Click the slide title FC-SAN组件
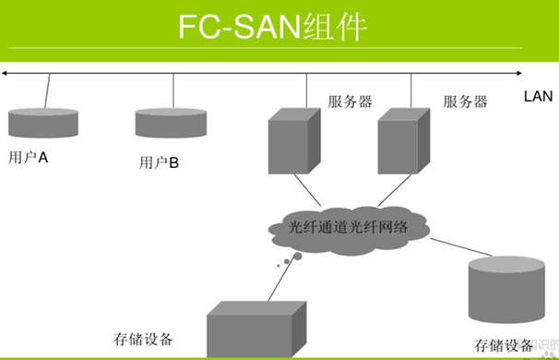(272, 29)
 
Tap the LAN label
(538, 96)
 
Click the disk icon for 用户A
(43, 121)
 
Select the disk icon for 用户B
(172, 123)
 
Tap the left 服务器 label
(350, 102)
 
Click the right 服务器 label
(465, 102)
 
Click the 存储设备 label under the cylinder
(504, 346)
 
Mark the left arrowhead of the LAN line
(6, 72)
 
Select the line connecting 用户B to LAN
(174, 90)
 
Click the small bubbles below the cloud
(286, 263)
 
